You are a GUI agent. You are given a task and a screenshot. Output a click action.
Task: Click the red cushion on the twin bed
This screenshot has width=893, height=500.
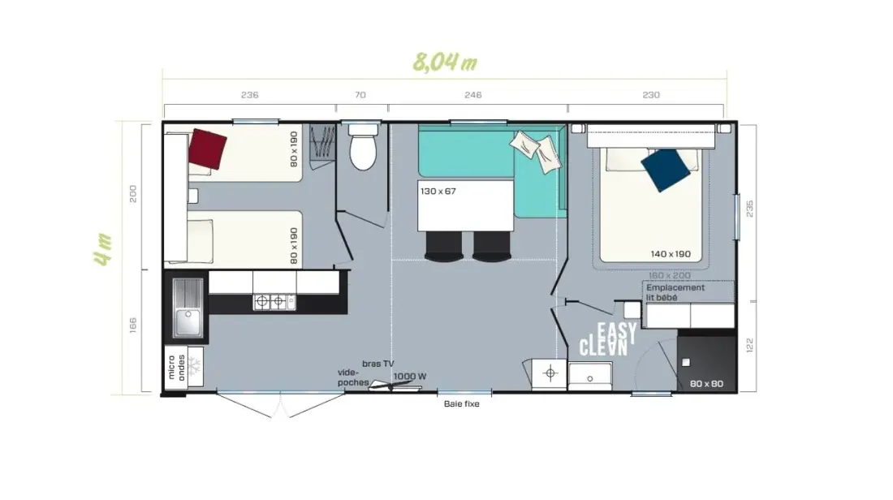tap(208, 149)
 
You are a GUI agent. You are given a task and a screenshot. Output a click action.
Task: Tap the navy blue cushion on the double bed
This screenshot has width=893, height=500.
tap(666, 170)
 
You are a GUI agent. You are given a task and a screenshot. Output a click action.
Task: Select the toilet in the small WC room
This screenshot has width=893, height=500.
tap(363, 147)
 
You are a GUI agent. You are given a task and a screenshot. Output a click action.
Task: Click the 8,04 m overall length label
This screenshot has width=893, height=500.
tap(445, 62)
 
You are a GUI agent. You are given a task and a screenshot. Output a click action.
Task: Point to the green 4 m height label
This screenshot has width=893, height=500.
tap(103, 249)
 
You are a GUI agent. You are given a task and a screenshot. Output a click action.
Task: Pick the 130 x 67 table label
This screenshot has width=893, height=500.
tap(438, 192)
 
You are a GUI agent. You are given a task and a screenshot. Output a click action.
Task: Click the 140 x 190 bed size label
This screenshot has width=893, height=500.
tap(671, 254)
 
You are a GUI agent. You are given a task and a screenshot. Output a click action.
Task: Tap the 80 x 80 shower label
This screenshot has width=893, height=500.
tap(706, 384)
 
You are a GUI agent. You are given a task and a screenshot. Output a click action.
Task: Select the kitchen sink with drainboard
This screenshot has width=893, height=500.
tap(188, 307)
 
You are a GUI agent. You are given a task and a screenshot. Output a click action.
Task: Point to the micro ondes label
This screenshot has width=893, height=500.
tap(176, 368)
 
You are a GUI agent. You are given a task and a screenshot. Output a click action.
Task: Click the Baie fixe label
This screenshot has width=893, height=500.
tap(461, 403)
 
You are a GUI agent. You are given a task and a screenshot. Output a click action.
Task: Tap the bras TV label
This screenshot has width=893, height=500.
tap(377, 364)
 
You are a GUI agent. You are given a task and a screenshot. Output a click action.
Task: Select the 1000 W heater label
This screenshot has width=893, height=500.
tap(409, 376)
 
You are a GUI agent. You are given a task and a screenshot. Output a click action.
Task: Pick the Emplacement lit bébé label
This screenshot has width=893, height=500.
tap(675, 292)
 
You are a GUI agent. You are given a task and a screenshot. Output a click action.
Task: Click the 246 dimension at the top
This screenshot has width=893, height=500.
tap(472, 95)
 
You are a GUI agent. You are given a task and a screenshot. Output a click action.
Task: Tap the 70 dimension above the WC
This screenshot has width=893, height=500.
tap(360, 95)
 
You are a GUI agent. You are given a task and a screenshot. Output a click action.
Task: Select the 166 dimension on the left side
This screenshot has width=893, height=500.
tap(132, 325)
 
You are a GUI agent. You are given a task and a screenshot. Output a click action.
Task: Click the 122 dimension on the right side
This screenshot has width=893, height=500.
tap(749, 345)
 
